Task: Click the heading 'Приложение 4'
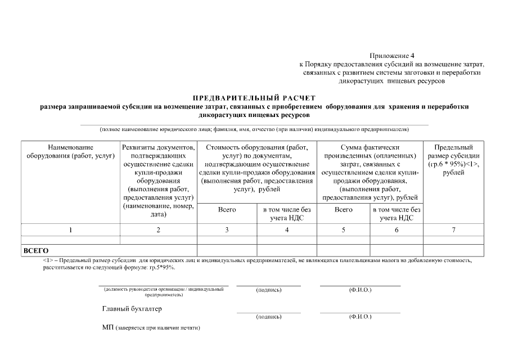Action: coord(391,56)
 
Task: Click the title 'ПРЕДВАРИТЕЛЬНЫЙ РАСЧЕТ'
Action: coord(254,98)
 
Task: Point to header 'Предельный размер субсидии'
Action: coord(453,160)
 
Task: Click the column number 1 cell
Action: coord(71,229)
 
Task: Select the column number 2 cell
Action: coord(158,229)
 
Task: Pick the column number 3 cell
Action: coord(227,229)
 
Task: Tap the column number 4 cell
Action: coord(287,229)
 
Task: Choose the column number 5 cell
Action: coord(344,229)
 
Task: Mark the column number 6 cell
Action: coord(397,229)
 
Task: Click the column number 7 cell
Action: coord(453,229)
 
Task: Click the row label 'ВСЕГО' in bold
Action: coord(35,250)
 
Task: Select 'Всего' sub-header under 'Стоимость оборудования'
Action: coord(227,210)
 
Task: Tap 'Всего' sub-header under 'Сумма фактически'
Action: coord(344,210)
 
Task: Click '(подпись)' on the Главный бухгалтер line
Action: coord(268,317)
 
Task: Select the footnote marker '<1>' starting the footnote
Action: coord(48,261)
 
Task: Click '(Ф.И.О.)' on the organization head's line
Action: coord(360,290)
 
